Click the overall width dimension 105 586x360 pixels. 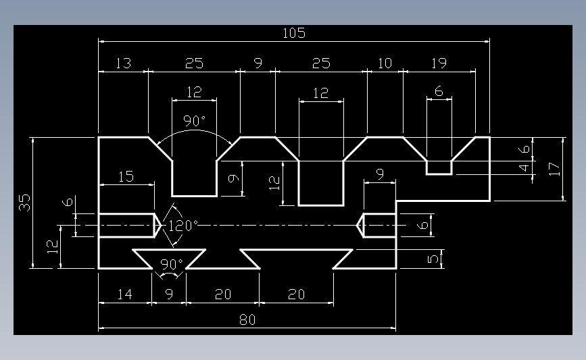coord(294,33)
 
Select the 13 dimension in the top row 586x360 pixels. coord(123,63)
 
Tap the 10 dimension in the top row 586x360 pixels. coord(385,63)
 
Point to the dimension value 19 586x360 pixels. coord(439,63)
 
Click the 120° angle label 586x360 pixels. coord(182,226)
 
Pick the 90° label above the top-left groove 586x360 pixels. coord(195,121)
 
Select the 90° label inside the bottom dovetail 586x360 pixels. coord(172,264)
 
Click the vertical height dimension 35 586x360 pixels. coord(24,203)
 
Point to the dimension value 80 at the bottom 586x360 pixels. coord(247,319)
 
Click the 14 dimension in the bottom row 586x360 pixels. coord(125,294)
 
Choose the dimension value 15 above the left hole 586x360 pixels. coord(126,176)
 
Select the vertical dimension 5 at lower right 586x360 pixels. coord(433,259)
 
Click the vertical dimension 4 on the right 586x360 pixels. coord(524,168)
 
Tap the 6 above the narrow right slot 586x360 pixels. coord(439,91)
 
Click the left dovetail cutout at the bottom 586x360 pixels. coord(169,259)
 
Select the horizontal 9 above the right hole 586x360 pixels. coord(380,174)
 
